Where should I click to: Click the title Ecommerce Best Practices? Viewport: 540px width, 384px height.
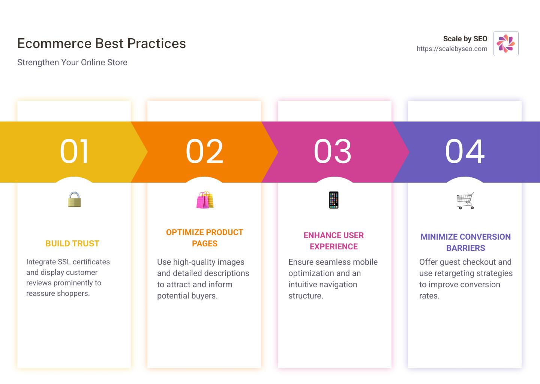tap(101, 43)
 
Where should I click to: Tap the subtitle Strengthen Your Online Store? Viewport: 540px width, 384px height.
tap(72, 62)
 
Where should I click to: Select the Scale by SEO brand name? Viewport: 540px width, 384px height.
tap(465, 39)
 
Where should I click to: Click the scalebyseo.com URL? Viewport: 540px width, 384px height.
tap(452, 49)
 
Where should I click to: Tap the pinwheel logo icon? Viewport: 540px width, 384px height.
tap(506, 43)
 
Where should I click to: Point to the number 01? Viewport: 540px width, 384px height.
tap(74, 151)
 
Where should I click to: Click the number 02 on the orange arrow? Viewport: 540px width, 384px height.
tap(204, 151)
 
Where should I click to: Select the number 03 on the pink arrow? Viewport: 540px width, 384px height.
tap(333, 151)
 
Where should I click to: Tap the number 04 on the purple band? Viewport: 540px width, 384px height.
tap(465, 151)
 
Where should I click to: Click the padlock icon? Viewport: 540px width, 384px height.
tap(74, 199)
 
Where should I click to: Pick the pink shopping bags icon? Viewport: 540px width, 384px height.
tap(205, 200)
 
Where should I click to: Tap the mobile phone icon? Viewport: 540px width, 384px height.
tap(334, 200)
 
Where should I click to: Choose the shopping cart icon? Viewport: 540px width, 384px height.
tap(465, 201)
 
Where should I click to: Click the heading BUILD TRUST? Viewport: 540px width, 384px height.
tap(72, 243)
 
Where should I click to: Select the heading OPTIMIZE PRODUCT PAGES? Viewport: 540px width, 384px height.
tap(205, 238)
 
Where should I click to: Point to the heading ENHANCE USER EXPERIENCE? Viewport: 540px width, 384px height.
tap(334, 241)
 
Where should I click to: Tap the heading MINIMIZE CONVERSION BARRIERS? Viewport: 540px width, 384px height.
tap(465, 242)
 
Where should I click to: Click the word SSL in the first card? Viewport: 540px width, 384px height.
tap(64, 262)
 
